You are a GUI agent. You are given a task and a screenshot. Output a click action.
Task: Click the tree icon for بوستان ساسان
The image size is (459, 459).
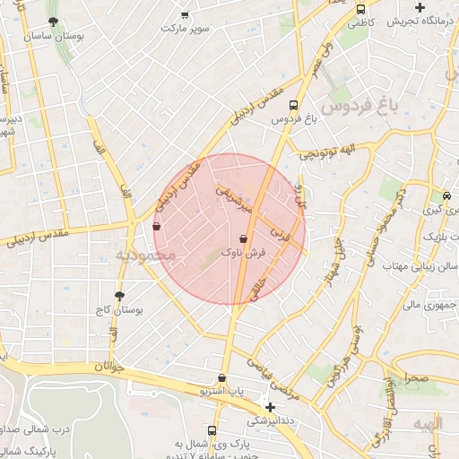point(54,20)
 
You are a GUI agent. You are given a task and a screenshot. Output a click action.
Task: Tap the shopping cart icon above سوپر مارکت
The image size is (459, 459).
point(186,15)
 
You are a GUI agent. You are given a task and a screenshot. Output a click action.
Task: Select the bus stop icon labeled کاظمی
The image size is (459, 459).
point(360,10)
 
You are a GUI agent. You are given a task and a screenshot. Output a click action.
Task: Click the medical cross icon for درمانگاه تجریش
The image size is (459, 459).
point(420,8)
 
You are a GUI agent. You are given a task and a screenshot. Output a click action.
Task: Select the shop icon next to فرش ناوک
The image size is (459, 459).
point(244,238)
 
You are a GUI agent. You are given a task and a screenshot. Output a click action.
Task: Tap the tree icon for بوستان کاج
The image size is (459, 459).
point(119,296)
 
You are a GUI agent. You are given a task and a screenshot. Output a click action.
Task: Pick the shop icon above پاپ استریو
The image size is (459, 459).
point(222,377)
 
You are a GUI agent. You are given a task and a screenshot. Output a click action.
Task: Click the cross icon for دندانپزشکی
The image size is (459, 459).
point(271,407)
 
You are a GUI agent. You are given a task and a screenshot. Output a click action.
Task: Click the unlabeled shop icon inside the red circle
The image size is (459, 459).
point(158,227)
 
